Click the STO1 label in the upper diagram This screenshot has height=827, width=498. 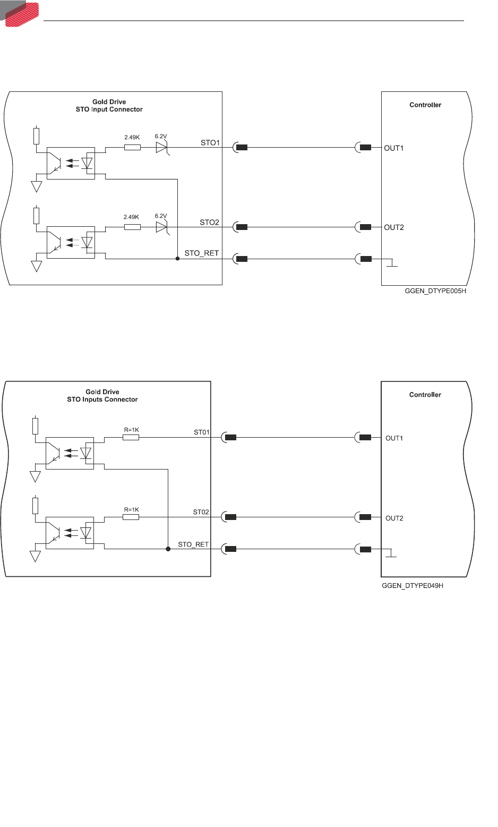(x=210, y=142)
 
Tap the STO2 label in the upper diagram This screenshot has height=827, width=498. (x=209, y=222)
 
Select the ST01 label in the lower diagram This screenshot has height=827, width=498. (x=202, y=432)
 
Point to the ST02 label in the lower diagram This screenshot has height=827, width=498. (x=201, y=512)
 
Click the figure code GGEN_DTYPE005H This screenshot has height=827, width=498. (x=435, y=291)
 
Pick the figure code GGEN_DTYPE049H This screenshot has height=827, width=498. (x=413, y=585)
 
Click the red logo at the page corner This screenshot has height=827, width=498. (x=22, y=13)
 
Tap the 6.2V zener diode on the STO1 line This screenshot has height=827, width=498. (x=162, y=147)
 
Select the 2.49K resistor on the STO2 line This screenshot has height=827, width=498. (x=132, y=227)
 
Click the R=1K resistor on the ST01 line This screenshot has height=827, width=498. (x=131, y=437)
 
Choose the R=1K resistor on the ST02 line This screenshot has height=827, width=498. (x=131, y=517)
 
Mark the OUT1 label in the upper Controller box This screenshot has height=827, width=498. (x=394, y=148)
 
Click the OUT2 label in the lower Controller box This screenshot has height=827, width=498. (x=394, y=518)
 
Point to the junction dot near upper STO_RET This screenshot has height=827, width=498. (x=177, y=259)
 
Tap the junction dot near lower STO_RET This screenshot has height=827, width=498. (x=168, y=549)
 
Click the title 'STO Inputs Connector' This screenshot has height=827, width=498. (x=102, y=399)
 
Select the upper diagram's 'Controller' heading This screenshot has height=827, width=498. (x=425, y=105)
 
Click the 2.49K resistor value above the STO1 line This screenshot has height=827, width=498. (x=132, y=138)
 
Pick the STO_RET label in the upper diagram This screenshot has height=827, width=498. (x=201, y=253)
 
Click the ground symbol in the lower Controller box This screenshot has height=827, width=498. (x=391, y=553)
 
